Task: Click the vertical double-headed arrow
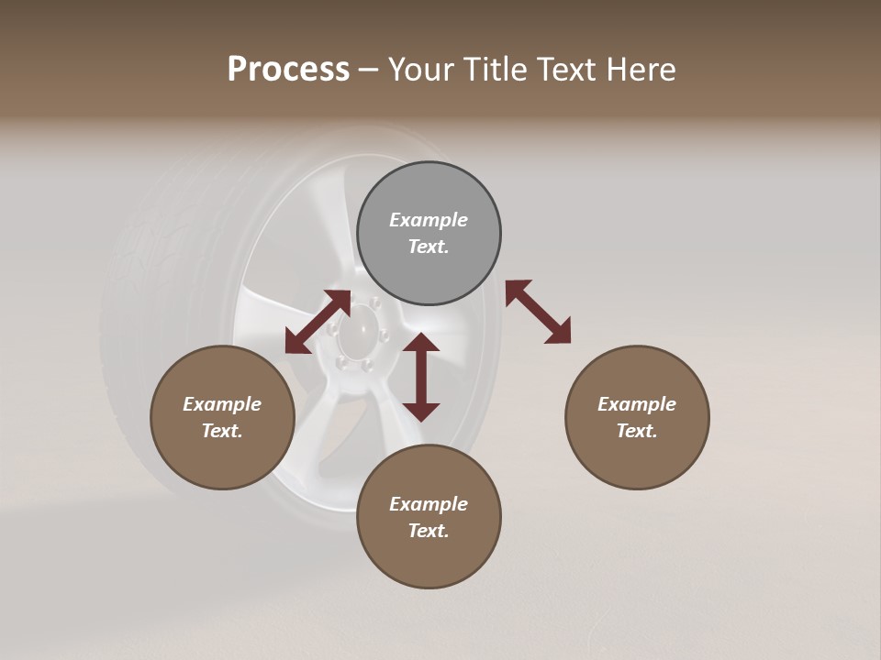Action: tap(421, 377)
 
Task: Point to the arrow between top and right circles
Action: tap(538, 312)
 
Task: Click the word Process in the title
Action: tap(288, 70)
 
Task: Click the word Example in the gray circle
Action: tap(429, 220)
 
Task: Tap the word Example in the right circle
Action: tap(637, 404)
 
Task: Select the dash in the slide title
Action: tap(369, 70)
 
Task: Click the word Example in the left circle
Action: tap(222, 404)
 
